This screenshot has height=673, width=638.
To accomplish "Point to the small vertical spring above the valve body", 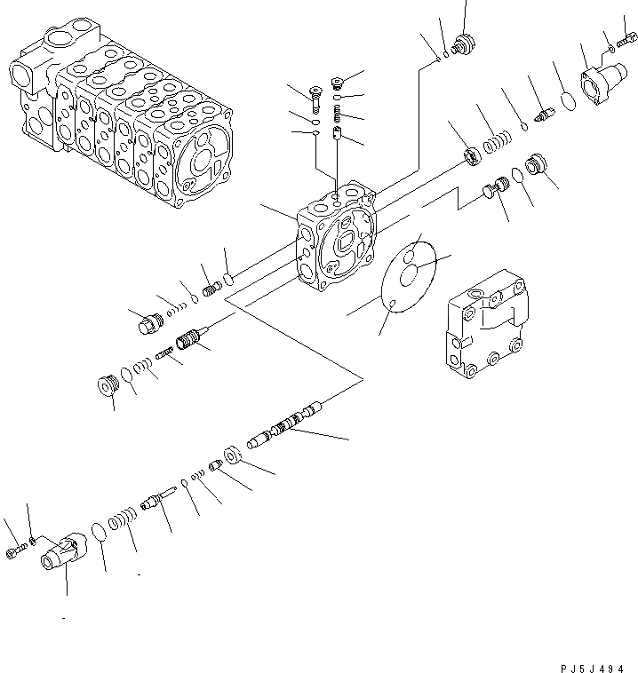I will (337, 115).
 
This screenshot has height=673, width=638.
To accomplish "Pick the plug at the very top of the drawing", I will (462, 44).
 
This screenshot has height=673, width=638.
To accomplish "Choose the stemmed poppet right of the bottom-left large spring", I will (153, 503).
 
